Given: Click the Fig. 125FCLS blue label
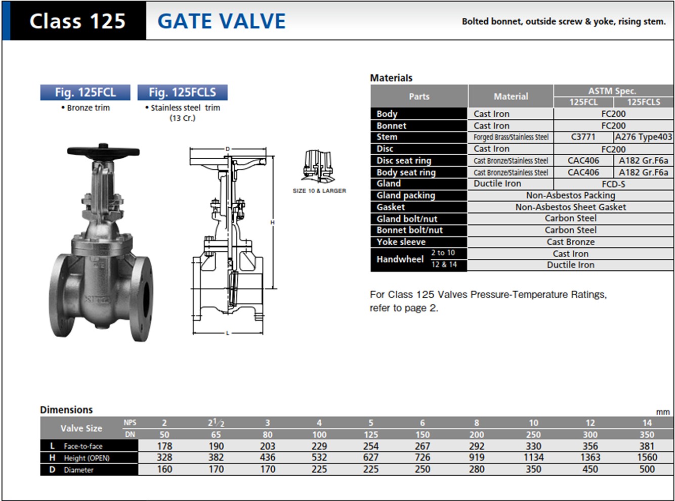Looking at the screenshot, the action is (x=182, y=92).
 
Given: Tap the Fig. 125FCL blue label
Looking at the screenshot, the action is (x=85, y=92).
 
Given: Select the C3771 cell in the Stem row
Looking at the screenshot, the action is (x=583, y=137).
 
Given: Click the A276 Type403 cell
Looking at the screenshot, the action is (x=643, y=137).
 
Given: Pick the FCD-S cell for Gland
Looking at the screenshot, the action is (x=613, y=184).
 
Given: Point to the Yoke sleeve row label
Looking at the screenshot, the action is (x=401, y=242).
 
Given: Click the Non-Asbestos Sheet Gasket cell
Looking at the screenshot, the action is (x=571, y=207).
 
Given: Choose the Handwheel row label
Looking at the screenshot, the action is (x=400, y=259).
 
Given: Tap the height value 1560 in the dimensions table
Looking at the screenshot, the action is (x=647, y=457).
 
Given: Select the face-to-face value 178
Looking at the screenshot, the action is (x=164, y=446).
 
